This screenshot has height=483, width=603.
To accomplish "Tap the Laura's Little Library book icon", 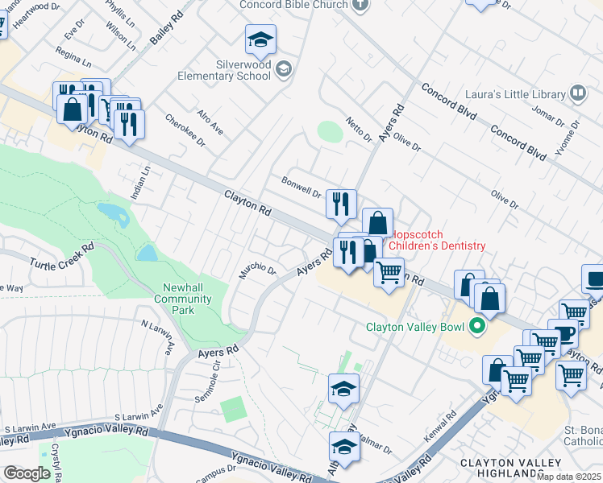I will coord(577,94).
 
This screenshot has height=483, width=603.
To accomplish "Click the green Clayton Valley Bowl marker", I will coord(476,327).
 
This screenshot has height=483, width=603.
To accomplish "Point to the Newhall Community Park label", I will coord(187,294).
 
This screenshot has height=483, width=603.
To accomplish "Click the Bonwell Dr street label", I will coord(301,188).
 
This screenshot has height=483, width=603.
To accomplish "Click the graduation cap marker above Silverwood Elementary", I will coord(260,39).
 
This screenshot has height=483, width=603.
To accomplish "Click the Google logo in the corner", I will coord(27,473).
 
